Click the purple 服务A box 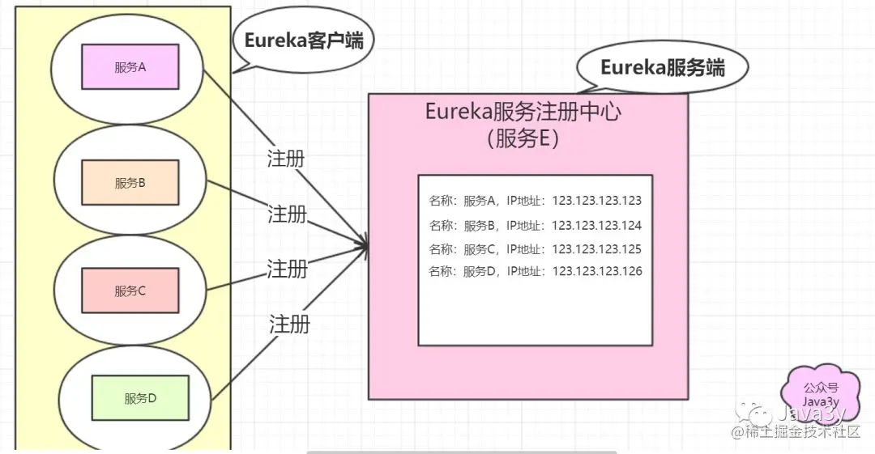[130, 67]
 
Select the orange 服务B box [130, 183]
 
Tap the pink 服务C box [130, 291]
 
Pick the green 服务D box [140, 397]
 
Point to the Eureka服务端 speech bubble [662, 68]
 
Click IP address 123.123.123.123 [597, 201]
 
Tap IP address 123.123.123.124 [597, 225]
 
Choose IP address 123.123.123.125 [597, 248]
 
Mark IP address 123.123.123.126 [597, 271]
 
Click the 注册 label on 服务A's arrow [286, 158]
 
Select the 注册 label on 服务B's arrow [288, 214]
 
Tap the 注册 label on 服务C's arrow [288, 268]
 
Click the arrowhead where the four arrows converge [365, 243]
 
